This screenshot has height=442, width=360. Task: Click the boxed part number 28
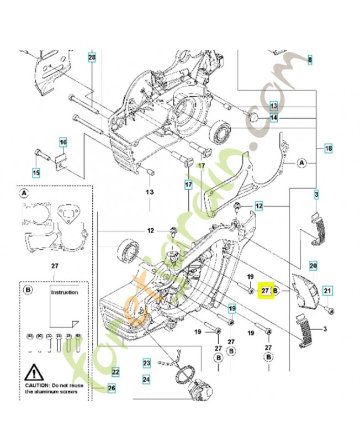(92, 57)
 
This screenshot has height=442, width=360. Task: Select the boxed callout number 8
(310, 59)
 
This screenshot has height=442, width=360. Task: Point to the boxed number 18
(329, 149)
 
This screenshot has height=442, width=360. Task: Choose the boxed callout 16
(63, 143)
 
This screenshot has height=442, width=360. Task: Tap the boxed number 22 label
(115, 372)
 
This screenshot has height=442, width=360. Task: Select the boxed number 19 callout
(232, 308)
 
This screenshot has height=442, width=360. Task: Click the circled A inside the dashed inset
(24, 193)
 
